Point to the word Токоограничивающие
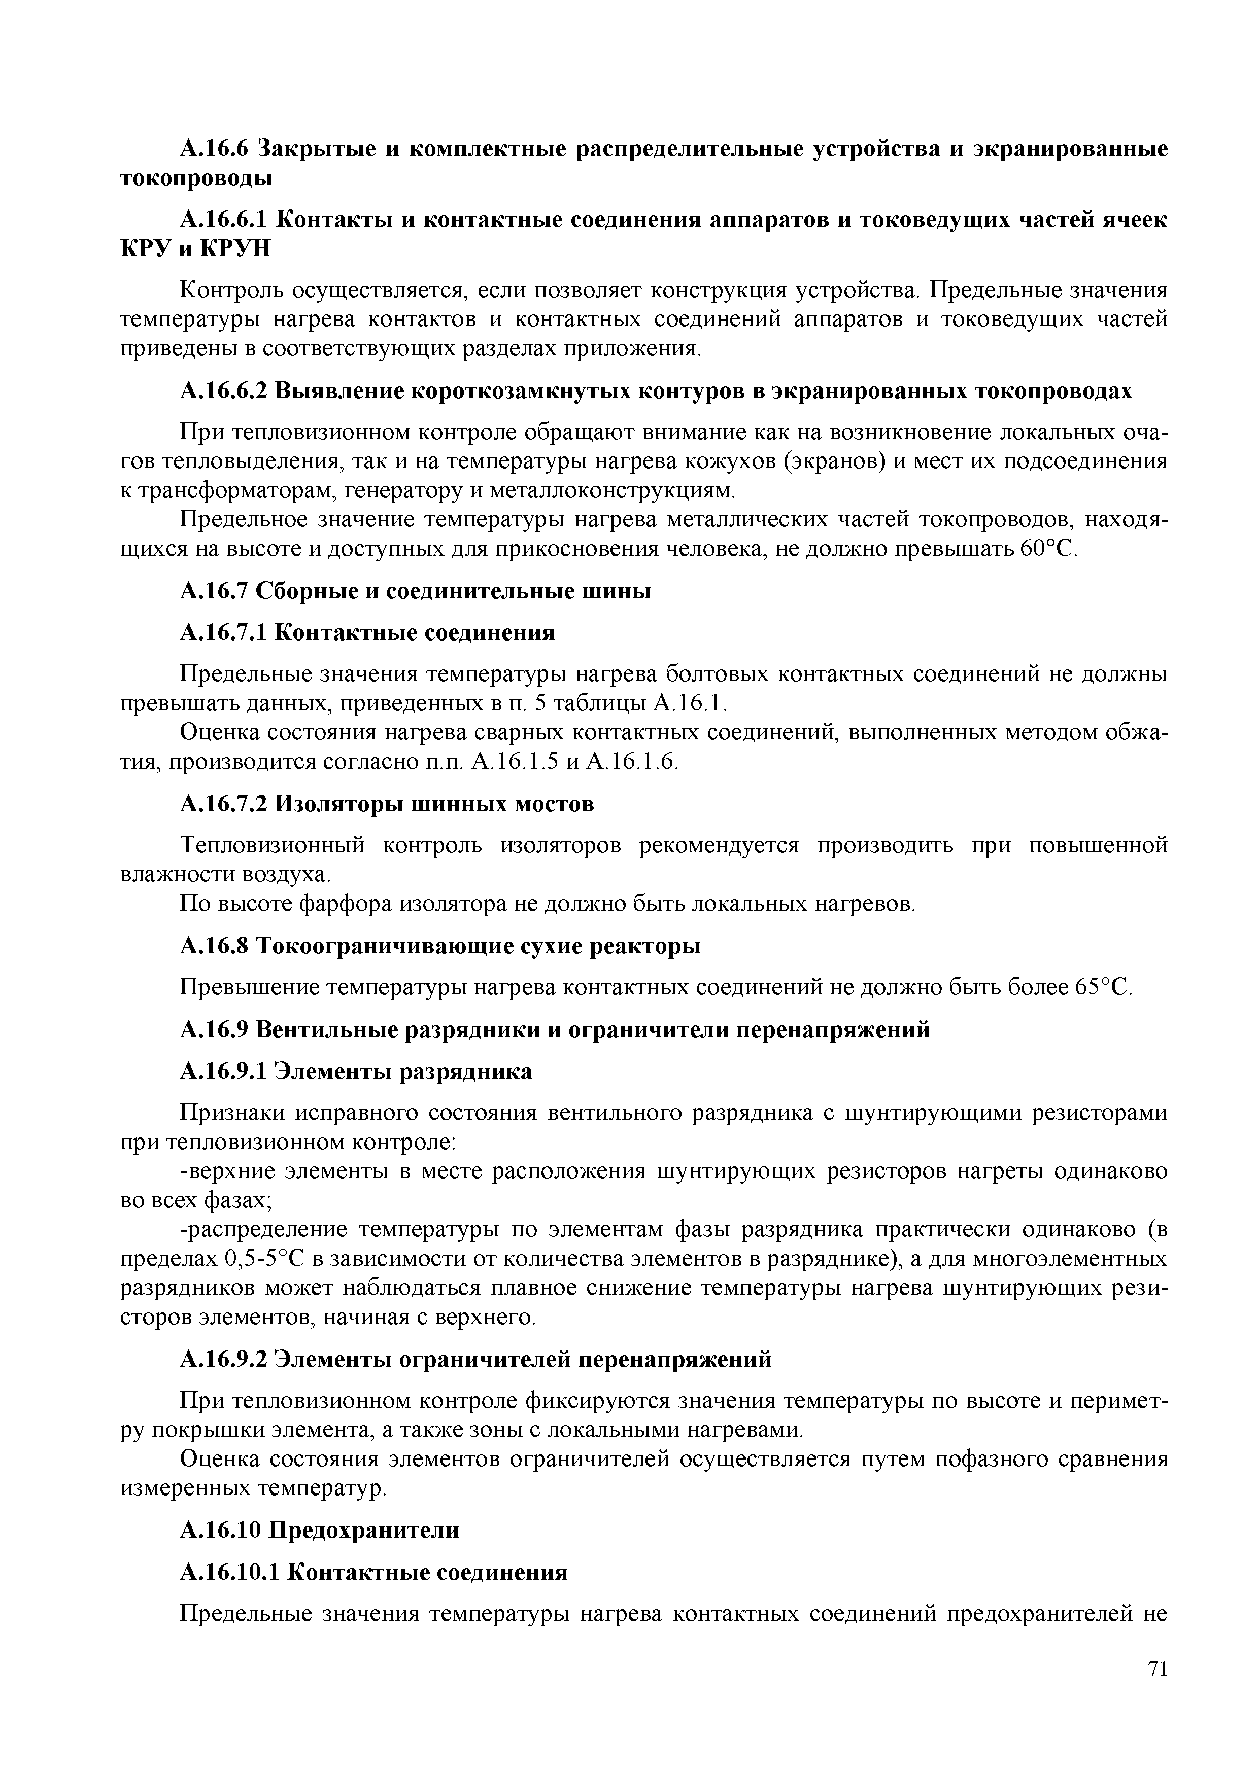[x=395, y=946]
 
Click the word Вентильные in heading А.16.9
[x=335, y=1030]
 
